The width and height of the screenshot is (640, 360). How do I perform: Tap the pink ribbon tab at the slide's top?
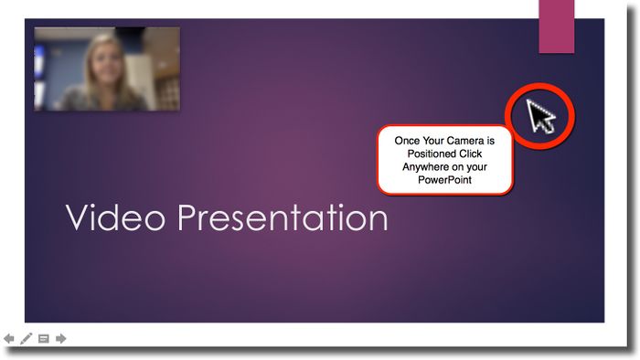pos(556,26)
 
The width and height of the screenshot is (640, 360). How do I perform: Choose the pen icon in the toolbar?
pos(27,339)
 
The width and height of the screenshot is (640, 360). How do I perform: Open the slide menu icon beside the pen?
pos(43,339)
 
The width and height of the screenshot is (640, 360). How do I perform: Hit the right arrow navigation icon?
pos(61,339)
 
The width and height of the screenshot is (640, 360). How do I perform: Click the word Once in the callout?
pos(408,142)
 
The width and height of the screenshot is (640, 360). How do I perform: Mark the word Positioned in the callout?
pos(433,154)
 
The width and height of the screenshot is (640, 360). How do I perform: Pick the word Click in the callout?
pos(474,154)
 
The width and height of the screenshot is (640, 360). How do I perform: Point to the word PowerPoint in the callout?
pos(445,181)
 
